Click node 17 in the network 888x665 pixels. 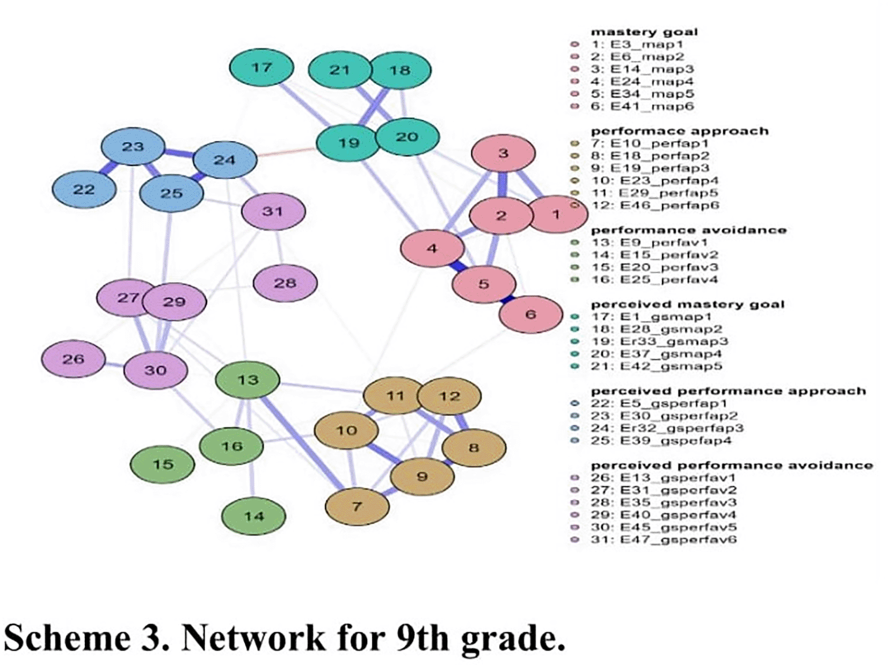pos(261,68)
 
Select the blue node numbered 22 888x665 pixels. pos(84,189)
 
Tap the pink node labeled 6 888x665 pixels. pos(530,314)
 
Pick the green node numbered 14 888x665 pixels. pos(253,516)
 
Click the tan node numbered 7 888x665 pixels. pos(357,506)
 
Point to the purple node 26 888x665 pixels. pos(73,359)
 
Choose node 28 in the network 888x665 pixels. pos(285,283)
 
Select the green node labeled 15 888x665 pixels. pos(162,464)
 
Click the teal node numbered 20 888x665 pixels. pos(407,137)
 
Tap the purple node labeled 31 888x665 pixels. pos(273,211)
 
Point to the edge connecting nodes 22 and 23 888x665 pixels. pos(109,168)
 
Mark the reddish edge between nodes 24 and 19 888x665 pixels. pos(286,152)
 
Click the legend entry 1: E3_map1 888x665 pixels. pos(637,45)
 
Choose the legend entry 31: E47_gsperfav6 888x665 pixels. pos(663,540)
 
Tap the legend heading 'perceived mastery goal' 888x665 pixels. pos(687,304)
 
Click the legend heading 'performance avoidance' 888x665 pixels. pos(688,230)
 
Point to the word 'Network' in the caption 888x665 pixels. pos(253,638)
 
